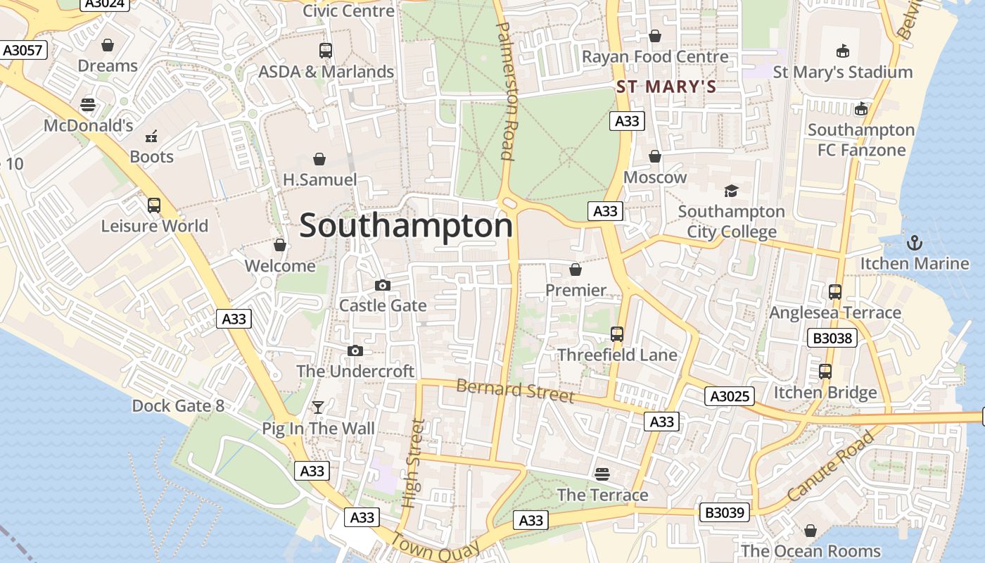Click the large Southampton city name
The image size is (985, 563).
pos(406,226)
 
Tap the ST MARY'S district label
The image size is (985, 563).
pos(666,87)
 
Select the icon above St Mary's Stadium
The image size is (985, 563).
pos(842,51)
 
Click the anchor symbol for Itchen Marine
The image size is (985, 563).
pos(914,243)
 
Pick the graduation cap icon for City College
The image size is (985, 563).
pos(731,191)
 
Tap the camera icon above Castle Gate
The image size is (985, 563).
pos(383,285)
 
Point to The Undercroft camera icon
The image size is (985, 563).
pos(355,350)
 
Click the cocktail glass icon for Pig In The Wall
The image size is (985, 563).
pos(318,407)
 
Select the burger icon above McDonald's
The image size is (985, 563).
pos(88,105)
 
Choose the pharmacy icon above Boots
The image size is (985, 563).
pos(151,137)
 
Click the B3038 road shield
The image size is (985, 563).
pos(832,339)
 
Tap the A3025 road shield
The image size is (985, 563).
pos(730,396)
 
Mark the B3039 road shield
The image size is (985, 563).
pos(724,512)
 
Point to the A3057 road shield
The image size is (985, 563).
pos(23,50)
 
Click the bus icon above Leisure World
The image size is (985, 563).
pos(154,205)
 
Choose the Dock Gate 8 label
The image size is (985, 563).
pos(178,406)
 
